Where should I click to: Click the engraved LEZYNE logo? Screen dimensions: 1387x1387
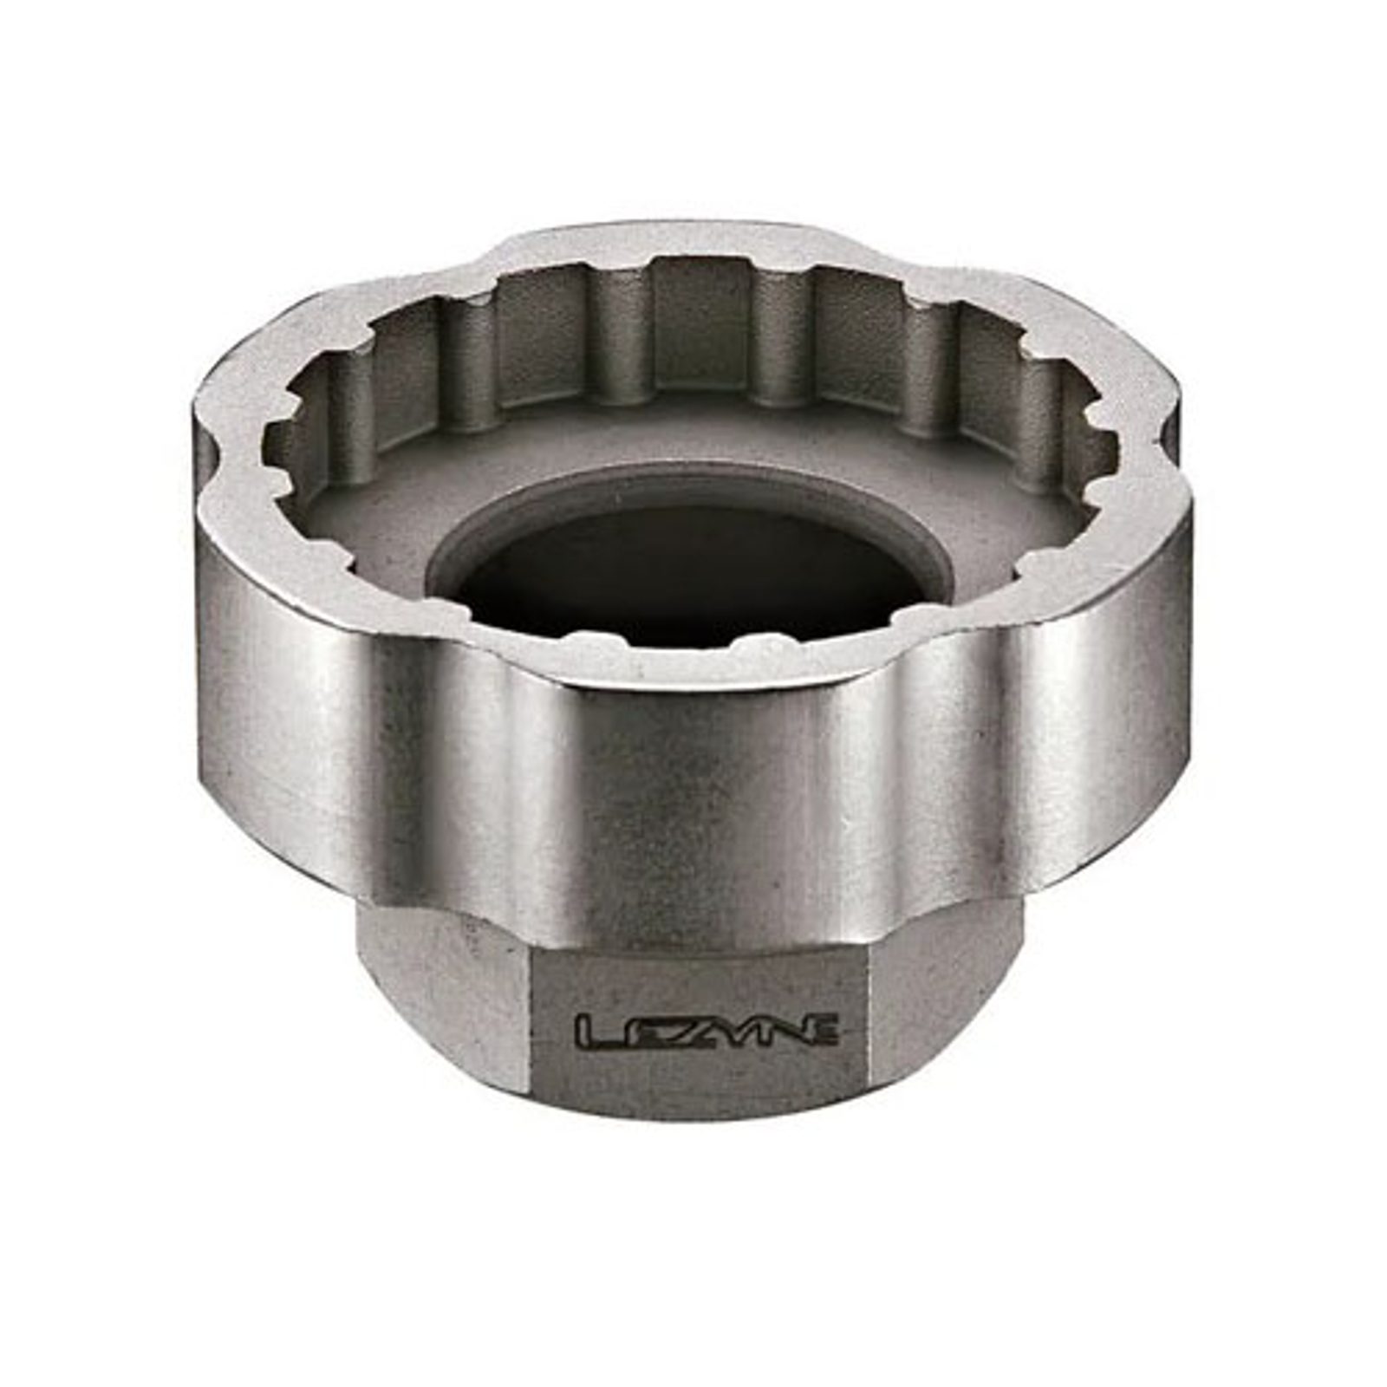click(x=707, y=1032)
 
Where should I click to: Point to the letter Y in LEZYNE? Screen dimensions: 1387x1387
click(x=726, y=1032)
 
